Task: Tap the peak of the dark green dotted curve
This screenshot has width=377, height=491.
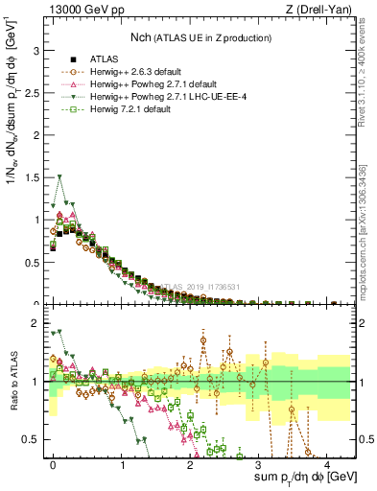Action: point(60,176)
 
